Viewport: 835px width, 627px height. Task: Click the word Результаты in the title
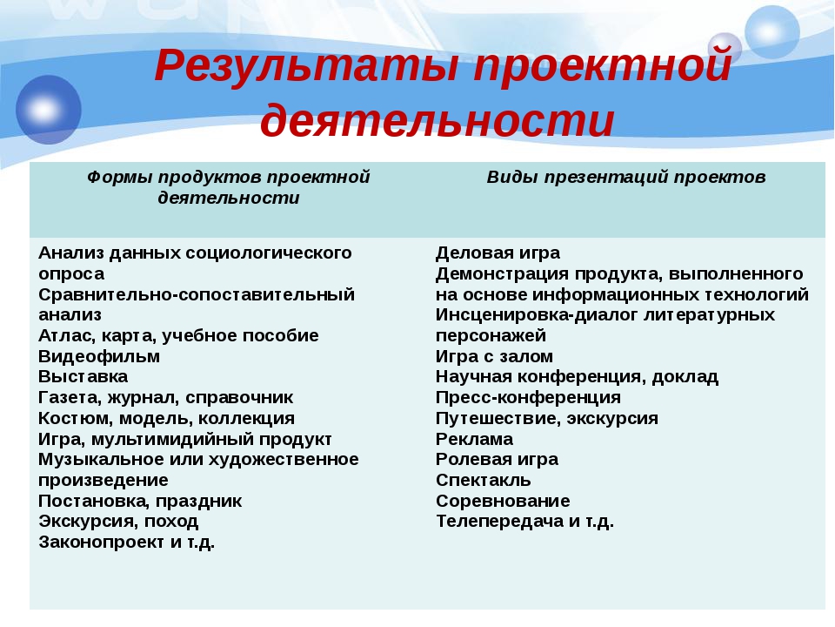click(307, 65)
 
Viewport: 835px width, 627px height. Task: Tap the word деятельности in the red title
click(438, 120)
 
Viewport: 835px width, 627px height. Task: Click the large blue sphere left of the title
click(49, 110)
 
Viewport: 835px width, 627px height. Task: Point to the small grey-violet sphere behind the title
click(725, 49)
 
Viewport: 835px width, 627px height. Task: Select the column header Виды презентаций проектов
click(626, 177)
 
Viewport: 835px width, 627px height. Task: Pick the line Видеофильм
click(99, 356)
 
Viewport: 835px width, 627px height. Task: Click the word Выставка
click(83, 377)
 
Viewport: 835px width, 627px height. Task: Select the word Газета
click(70, 398)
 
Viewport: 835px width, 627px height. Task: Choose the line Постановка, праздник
click(140, 502)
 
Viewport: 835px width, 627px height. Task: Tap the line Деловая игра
click(498, 253)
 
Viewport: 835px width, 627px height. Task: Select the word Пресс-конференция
click(528, 398)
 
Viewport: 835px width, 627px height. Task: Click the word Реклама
click(475, 439)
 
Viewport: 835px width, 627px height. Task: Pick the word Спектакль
click(484, 481)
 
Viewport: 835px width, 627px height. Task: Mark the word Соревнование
click(503, 502)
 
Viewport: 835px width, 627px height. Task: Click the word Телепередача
click(500, 522)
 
